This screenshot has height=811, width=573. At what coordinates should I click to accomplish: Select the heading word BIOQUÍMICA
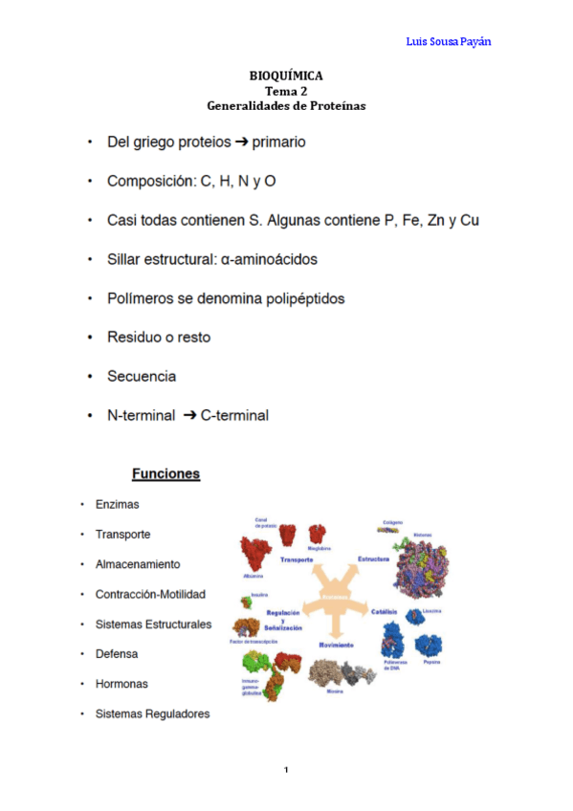(x=286, y=75)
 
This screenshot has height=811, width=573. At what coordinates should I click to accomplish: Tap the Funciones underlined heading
(x=165, y=473)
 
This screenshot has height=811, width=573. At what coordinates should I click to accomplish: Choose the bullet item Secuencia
(x=142, y=377)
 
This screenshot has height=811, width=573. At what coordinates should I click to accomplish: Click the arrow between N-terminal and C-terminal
(x=189, y=416)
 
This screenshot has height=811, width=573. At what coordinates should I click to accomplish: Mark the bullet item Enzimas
(x=117, y=504)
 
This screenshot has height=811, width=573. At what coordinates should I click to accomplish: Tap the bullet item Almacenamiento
(x=137, y=564)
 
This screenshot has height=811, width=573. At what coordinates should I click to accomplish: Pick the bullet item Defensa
(x=116, y=654)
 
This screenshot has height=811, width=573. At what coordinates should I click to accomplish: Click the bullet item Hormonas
(x=121, y=684)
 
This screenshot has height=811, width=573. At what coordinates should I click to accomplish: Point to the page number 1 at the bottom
(x=286, y=769)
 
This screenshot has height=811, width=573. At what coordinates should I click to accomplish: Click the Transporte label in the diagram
(x=297, y=560)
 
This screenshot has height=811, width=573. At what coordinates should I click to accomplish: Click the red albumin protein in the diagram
(x=255, y=553)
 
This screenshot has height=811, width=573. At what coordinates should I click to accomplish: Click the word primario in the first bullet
(x=279, y=142)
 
